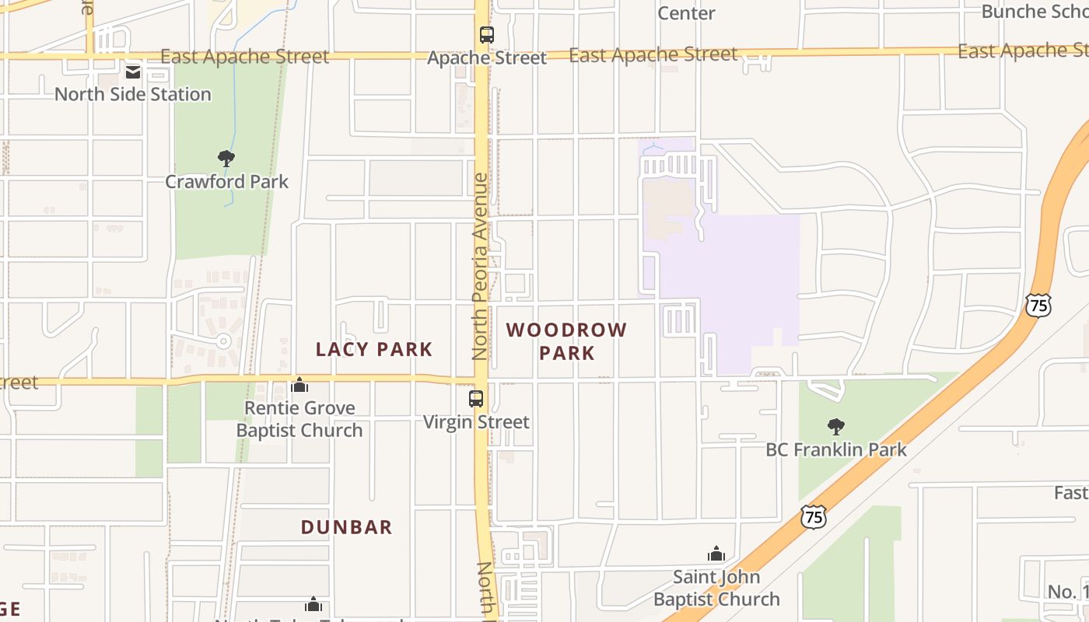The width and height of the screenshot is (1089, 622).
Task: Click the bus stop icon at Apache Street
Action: pyautogui.click(x=486, y=35)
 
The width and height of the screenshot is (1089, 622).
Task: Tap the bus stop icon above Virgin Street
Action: pyautogui.click(x=476, y=399)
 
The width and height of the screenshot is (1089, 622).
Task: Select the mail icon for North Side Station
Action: pyautogui.click(x=134, y=72)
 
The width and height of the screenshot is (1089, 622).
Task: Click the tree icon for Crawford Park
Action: pyautogui.click(x=226, y=159)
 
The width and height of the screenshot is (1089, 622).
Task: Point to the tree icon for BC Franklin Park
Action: pyautogui.click(x=836, y=426)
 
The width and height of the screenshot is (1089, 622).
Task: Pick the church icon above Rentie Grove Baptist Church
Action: pyautogui.click(x=299, y=385)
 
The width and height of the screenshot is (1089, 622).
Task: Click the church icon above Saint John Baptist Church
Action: pyautogui.click(x=716, y=554)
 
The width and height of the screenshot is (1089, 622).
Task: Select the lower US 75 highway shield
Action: pyautogui.click(x=813, y=516)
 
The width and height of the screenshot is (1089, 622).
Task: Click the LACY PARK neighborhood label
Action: pyautogui.click(x=373, y=349)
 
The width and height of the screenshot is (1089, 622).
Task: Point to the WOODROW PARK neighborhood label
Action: pyautogui.click(x=566, y=341)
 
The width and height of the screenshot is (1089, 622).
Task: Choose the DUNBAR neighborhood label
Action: pyautogui.click(x=347, y=527)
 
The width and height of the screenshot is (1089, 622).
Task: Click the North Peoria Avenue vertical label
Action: pyautogui.click(x=480, y=266)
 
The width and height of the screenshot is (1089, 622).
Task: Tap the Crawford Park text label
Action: pyautogui.click(x=226, y=181)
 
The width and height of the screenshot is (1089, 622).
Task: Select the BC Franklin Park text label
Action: pyautogui.click(x=836, y=449)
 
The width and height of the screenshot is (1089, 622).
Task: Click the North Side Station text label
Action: pyautogui.click(x=133, y=94)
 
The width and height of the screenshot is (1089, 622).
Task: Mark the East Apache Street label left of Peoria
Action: pyautogui.click(x=244, y=57)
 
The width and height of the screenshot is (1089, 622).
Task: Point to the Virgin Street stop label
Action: pyautogui.click(x=476, y=422)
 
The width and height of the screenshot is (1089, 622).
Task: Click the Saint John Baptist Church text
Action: pyautogui.click(x=716, y=588)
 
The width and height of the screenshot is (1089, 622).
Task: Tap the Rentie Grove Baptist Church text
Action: pyautogui.click(x=299, y=419)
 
